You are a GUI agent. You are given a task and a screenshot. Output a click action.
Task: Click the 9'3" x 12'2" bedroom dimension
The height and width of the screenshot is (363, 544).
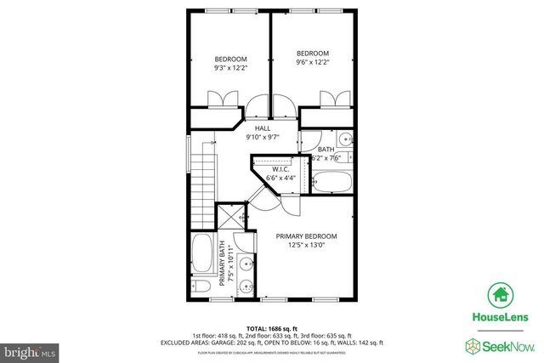click(x=229, y=69)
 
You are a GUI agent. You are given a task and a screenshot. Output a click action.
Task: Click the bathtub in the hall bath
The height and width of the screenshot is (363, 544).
click(x=332, y=179)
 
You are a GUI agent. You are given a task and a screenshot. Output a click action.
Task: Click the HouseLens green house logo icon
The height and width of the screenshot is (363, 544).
click(x=500, y=295)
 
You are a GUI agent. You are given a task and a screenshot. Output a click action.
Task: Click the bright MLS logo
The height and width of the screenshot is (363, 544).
click(x=28, y=349)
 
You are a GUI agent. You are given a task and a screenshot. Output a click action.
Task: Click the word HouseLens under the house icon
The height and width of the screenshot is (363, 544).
click(x=500, y=317)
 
